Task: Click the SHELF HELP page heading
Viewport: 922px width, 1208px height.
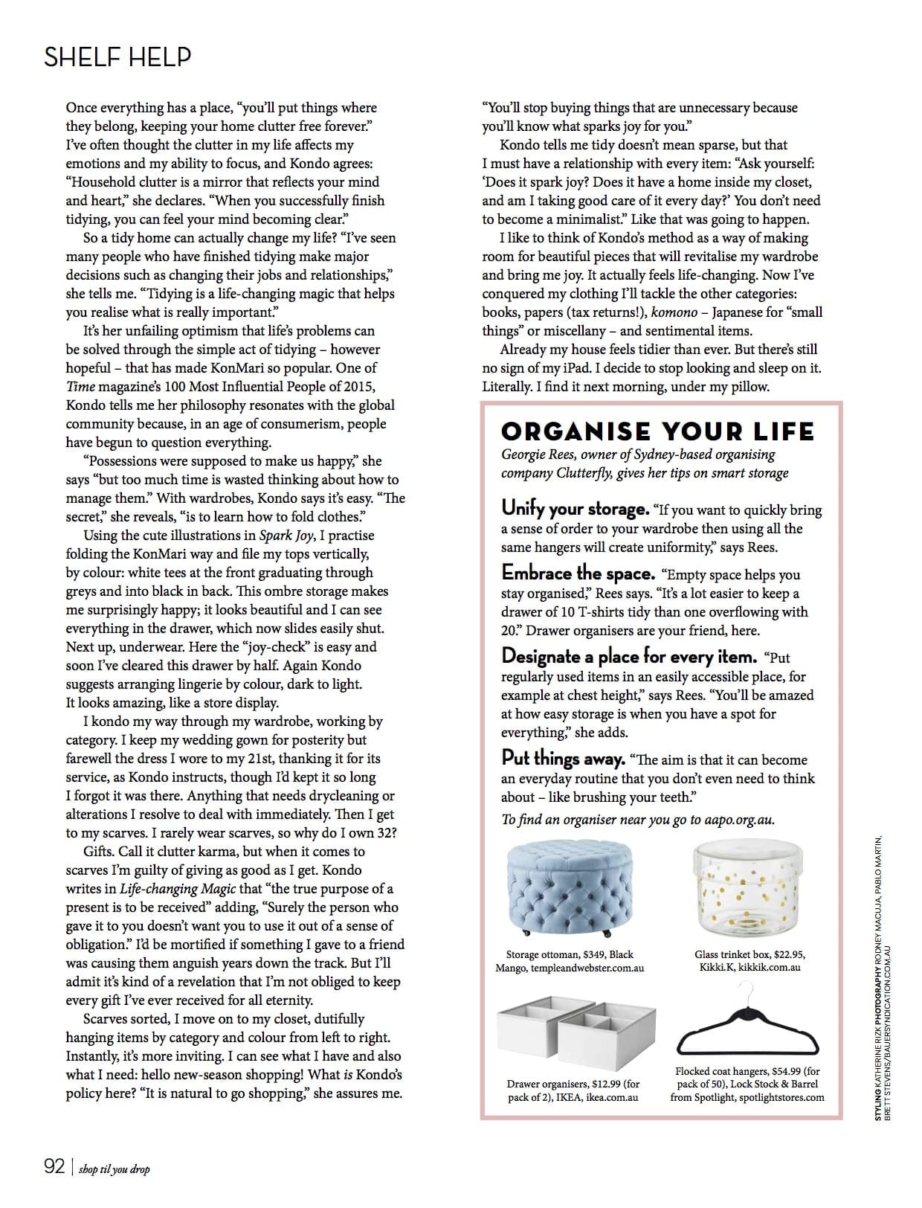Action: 117,57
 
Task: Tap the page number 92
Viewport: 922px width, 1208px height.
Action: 54,1166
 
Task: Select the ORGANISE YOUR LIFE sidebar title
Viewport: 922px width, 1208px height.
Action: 657,431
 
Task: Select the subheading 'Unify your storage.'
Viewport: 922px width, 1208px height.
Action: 575,509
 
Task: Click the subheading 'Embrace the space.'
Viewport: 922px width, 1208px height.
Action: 578,574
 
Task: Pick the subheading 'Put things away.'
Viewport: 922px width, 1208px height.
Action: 563,759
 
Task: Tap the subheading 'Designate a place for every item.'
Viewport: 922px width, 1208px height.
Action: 629,657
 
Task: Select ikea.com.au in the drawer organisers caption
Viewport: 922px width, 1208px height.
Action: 612,1097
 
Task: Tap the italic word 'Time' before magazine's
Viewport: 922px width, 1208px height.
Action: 80,387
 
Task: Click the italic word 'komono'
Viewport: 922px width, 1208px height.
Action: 674,312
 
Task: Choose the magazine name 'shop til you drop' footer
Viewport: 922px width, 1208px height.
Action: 114,1169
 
